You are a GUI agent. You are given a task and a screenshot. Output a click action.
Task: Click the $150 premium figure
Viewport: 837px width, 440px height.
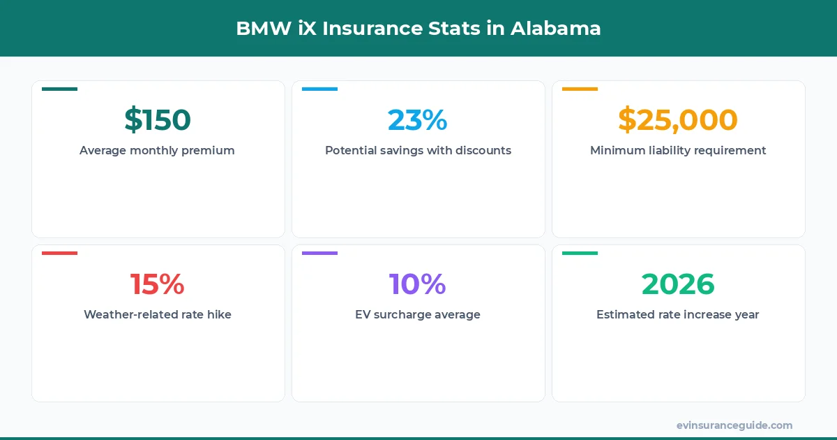[x=158, y=119]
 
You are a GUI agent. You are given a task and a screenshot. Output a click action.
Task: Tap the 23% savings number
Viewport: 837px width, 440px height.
[x=418, y=119]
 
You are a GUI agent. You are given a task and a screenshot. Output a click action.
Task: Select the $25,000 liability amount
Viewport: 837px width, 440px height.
[x=678, y=119]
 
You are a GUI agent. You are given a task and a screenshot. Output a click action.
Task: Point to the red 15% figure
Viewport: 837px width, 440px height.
[x=158, y=284]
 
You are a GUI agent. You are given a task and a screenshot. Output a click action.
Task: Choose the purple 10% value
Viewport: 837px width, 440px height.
[x=418, y=284]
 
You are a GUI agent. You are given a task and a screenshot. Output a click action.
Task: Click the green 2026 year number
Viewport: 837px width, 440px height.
[x=678, y=284]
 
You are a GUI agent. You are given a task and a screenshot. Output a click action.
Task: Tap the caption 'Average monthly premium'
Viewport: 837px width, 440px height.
[x=157, y=150]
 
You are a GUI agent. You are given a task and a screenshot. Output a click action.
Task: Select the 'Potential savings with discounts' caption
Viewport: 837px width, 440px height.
[x=418, y=150]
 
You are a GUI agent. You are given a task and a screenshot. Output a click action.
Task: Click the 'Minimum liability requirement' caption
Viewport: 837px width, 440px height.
[x=678, y=150]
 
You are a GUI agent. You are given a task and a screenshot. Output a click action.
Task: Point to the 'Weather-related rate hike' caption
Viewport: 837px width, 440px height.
[x=158, y=314]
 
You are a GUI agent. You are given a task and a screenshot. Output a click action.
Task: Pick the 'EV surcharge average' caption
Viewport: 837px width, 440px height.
[x=418, y=314]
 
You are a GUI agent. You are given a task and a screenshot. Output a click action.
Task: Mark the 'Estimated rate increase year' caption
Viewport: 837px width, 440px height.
[x=678, y=314]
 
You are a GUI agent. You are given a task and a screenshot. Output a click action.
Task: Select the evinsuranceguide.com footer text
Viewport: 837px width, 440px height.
[x=734, y=425]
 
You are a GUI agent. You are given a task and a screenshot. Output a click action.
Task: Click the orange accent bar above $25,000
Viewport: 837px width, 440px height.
[x=580, y=89]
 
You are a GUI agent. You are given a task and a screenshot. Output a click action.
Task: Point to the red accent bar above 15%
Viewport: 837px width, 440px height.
[x=59, y=254]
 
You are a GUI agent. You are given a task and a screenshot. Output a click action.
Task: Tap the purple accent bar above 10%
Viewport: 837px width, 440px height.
[x=319, y=254]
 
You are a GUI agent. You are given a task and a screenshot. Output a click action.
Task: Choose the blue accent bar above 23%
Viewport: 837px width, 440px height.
[x=319, y=89]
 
